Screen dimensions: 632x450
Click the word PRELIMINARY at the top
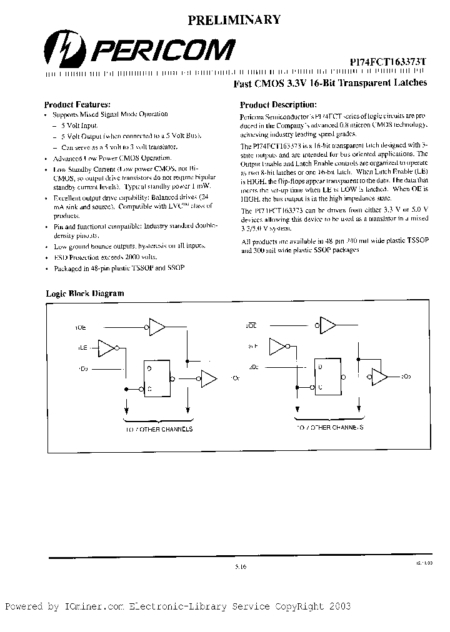coord(234,20)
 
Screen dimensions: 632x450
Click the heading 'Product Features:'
coord(77,104)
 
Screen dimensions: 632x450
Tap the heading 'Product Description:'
coord(278,105)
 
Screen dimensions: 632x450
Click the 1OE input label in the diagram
coord(81,327)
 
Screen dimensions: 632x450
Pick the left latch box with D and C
coord(159,378)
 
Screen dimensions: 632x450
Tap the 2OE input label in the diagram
coord(252,325)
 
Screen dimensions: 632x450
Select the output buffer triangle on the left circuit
coord(208,378)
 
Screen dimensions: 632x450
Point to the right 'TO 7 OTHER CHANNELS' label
coord(329,428)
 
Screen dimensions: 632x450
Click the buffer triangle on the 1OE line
coord(157,326)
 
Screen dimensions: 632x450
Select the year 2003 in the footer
coord(338,606)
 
